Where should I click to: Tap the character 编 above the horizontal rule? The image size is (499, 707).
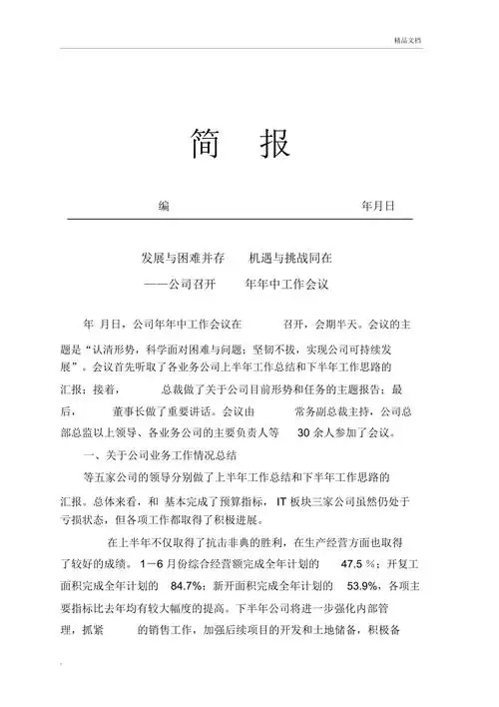[164, 206]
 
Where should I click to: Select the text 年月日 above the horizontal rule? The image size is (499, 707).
[378, 206]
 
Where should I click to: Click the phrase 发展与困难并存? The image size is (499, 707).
[186, 258]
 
